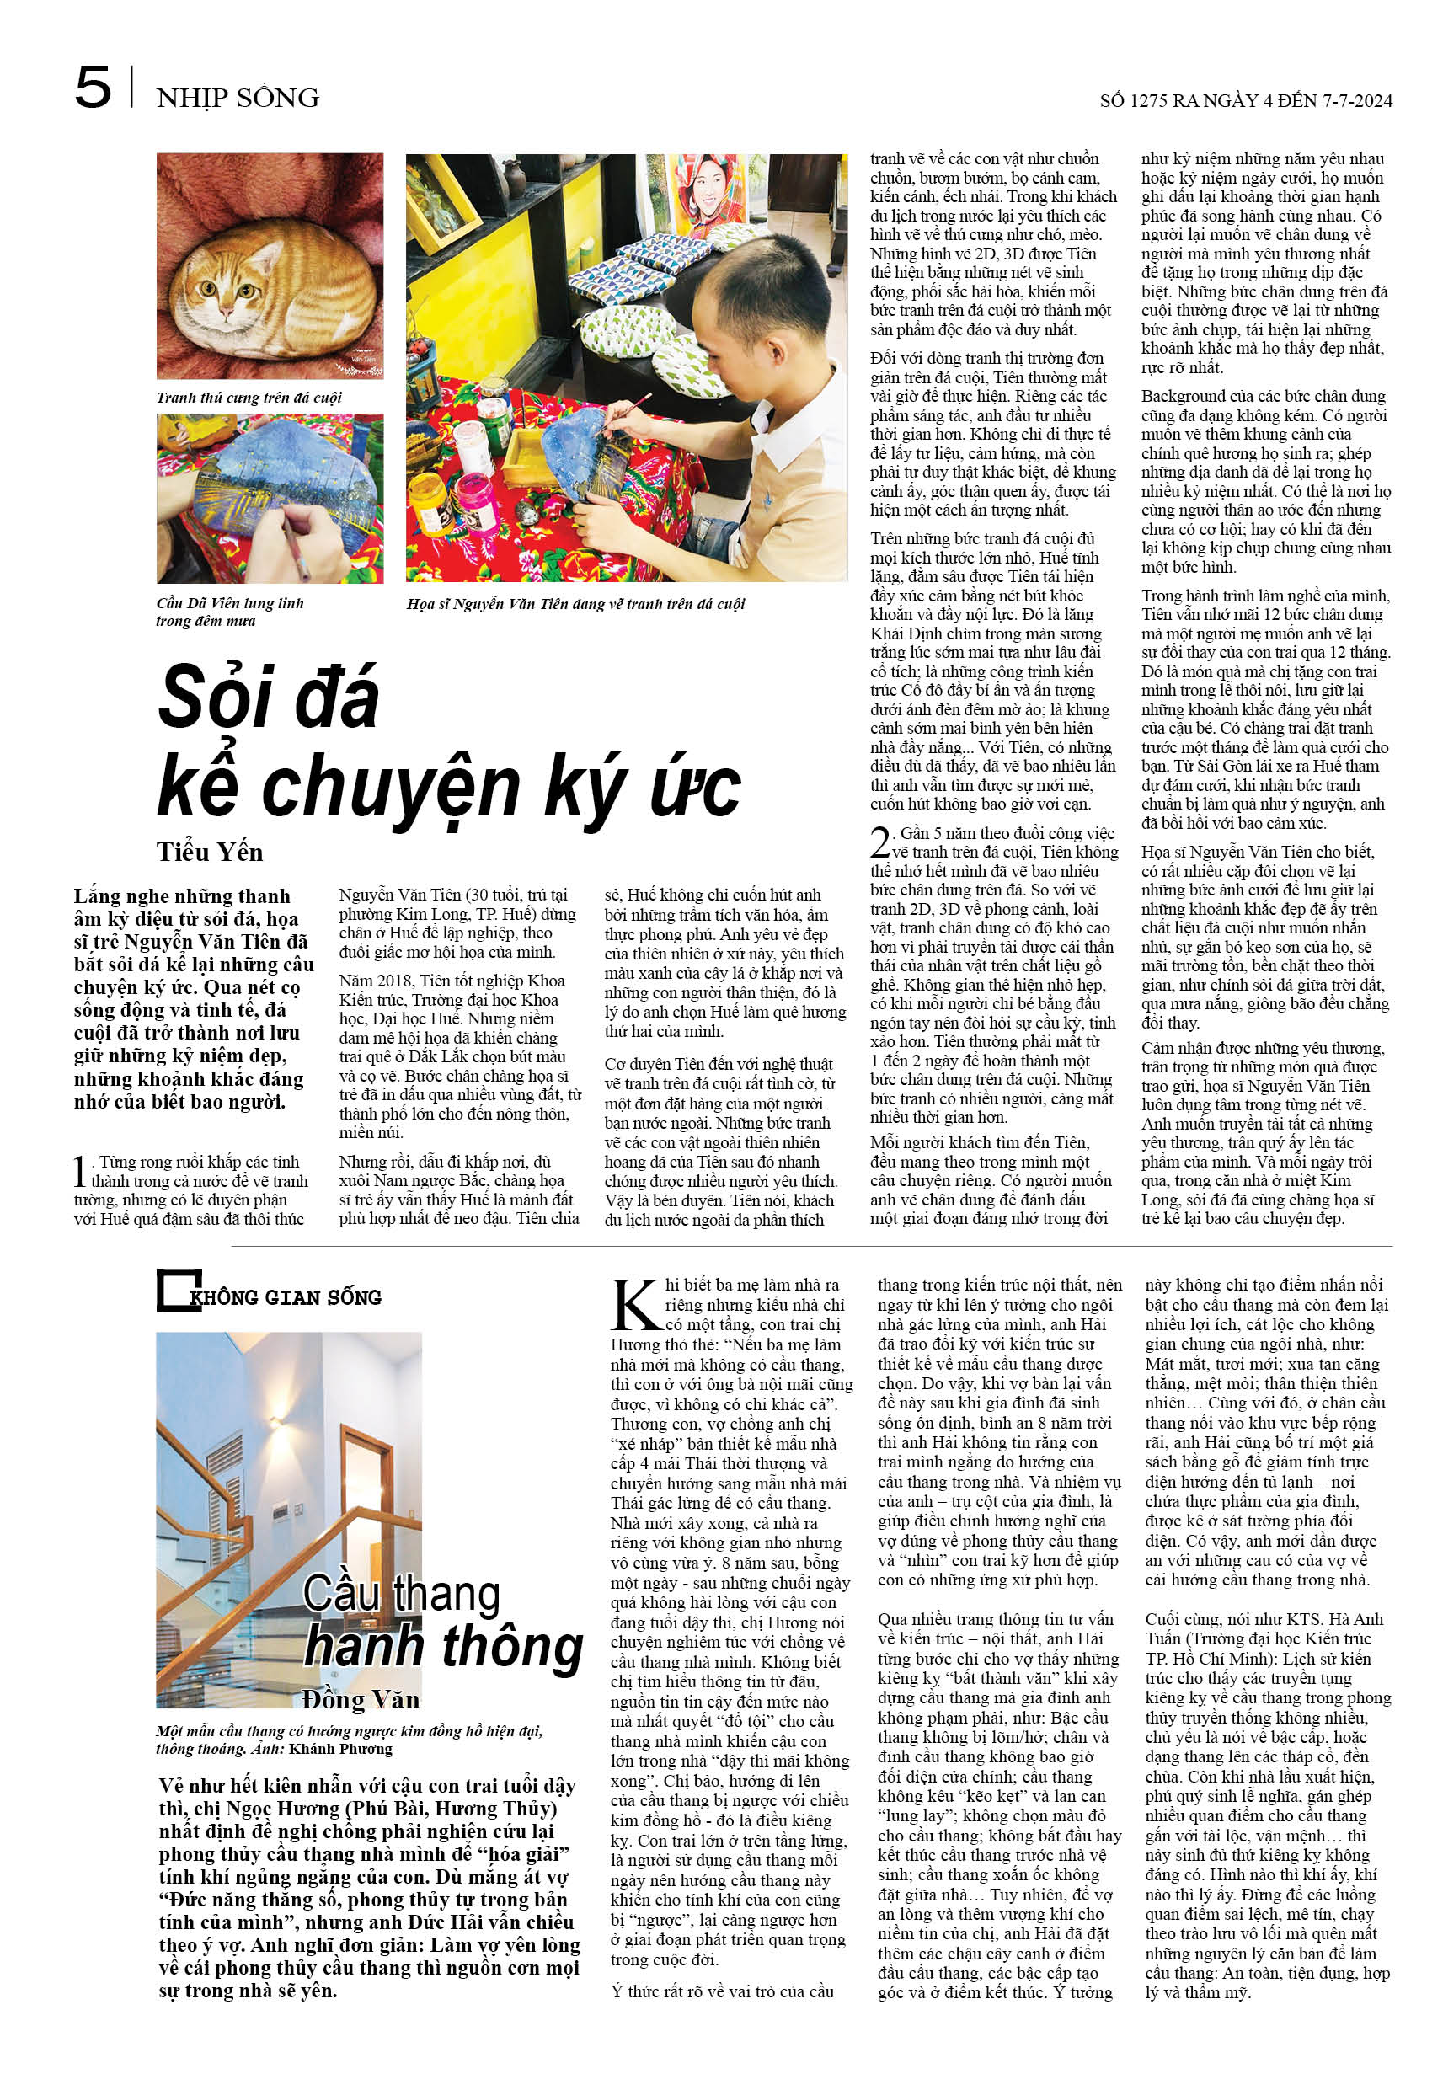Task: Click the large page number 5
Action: (94, 88)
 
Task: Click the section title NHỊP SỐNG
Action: (237, 98)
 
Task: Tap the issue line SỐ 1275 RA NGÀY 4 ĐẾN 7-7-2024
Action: (1245, 100)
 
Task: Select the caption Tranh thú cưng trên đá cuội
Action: (249, 398)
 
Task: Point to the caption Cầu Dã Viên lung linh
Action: (230, 603)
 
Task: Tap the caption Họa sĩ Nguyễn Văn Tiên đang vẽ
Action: (575, 604)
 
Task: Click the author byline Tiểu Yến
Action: (209, 853)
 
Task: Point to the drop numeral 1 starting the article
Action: (79, 1171)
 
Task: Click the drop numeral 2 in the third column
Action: (879, 842)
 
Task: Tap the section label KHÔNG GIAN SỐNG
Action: (285, 1297)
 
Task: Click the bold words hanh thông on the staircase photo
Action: (443, 1648)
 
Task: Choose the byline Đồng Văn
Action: (360, 1700)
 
